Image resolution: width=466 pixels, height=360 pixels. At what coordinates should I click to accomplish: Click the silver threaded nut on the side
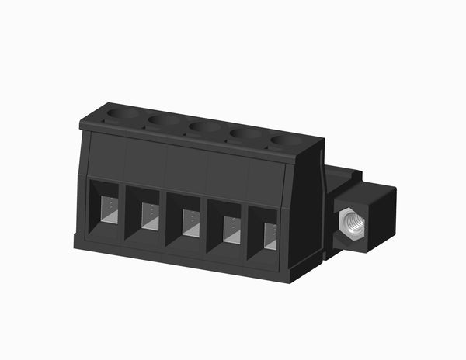click(x=353, y=224)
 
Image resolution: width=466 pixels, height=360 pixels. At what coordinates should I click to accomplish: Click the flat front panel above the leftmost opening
click(x=106, y=156)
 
